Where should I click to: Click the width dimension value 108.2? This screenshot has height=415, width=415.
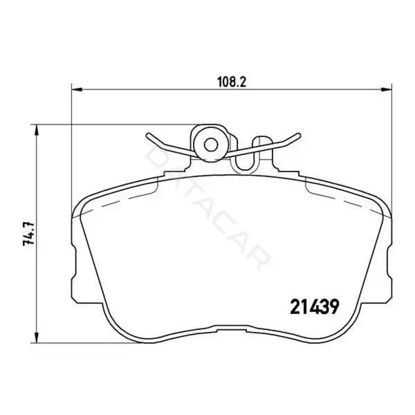pyautogui.click(x=232, y=82)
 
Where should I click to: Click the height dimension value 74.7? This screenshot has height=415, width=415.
pyautogui.click(x=28, y=234)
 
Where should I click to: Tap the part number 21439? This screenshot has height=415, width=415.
pyautogui.click(x=315, y=306)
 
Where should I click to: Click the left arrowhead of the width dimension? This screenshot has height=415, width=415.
pyautogui.click(x=77, y=90)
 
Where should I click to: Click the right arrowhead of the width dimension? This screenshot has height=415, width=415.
pyautogui.click(x=386, y=90)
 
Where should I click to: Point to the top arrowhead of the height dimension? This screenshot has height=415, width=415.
pyautogui.click(x=37, y=130)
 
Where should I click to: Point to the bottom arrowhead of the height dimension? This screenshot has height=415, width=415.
pyautogui.click(x=37, y=338)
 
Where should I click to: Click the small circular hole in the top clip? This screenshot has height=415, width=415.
pyautogui.click(x=211, y=145)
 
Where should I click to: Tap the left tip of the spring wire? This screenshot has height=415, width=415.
pyautogui.click(x=148, y=135)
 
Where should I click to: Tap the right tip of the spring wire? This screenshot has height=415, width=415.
pyautogui.click(x=299, y=135)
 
